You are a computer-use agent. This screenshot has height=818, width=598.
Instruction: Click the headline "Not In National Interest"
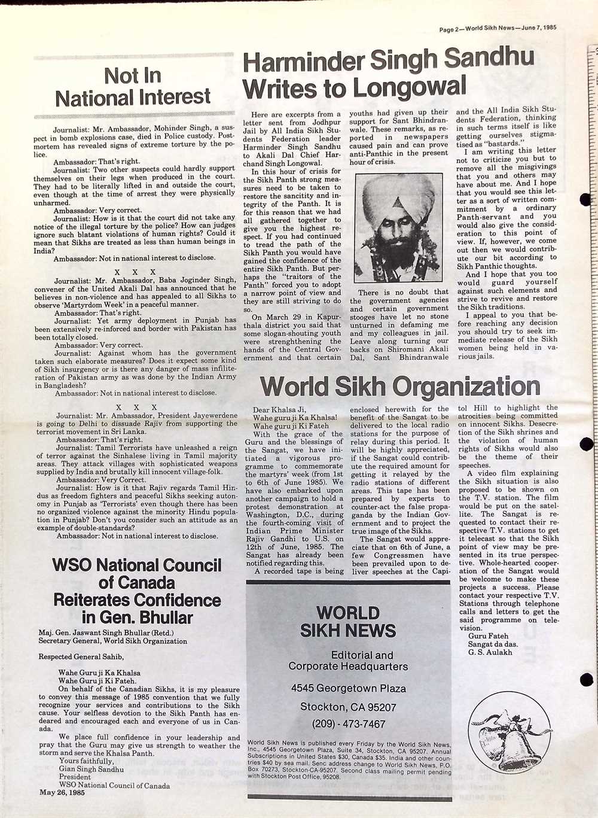click(x=133, y=86)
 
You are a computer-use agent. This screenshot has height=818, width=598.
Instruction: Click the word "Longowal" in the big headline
click(x=410, y=88)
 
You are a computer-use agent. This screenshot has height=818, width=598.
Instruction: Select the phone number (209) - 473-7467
click(x=348, y=724)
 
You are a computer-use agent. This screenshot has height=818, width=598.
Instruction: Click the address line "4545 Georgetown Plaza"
click(x=348, y=688)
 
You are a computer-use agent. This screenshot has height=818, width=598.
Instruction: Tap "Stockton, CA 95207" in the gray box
click(x=348, y=707)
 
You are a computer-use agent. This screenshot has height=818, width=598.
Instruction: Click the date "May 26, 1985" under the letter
click(x=62, y=793)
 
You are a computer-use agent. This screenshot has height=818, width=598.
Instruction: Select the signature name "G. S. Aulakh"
click(x=490, y=652)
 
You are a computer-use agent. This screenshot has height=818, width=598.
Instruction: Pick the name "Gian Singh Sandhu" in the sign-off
click(x=91, y=769)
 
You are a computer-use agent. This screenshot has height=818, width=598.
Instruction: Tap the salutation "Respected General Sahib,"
click(x=81, y=656)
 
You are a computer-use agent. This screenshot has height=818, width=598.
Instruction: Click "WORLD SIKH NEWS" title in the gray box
click(x=348, y=621)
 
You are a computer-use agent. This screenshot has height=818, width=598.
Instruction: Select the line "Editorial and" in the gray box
click(x=362, y=655)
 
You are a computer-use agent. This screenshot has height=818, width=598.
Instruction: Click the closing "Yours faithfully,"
click(x=86, y=761)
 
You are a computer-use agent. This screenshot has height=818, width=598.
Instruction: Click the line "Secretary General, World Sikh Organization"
click(x=112, y=641)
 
